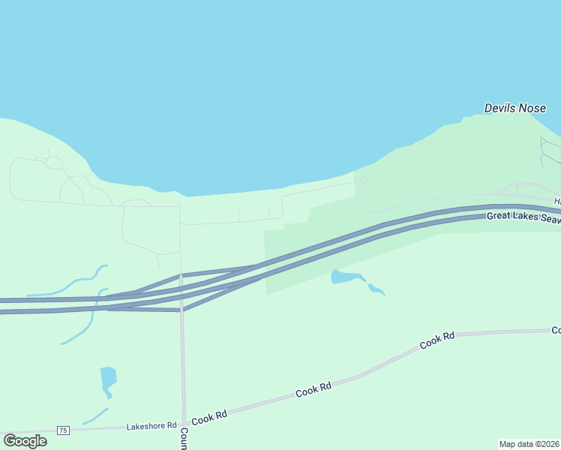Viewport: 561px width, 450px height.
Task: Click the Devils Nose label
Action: click(x=514, y=108)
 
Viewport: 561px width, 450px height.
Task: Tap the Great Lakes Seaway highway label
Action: click(x=523, y=217)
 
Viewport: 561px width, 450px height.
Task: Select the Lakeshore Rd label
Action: click(x=151, y=425)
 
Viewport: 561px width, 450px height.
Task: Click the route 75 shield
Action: click(x=63, y=430)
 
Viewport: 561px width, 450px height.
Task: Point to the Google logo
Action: click(x=25, y=440)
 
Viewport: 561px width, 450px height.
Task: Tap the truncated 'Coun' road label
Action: click(x=184, y=438)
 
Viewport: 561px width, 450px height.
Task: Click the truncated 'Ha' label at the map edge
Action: click(x=557, y=201)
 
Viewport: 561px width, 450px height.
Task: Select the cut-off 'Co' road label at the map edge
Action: click(x=556, y=330)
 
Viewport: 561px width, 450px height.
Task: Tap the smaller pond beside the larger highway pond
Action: click(x=376, y=289)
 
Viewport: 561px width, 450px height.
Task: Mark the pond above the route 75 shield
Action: click(x=108, y=379)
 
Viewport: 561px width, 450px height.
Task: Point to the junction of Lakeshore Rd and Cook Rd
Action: click(x=184, y=424)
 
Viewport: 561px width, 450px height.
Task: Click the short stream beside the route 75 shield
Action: click(x=95, y=415)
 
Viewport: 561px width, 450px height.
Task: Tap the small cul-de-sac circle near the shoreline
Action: click(x=364, y=180)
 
